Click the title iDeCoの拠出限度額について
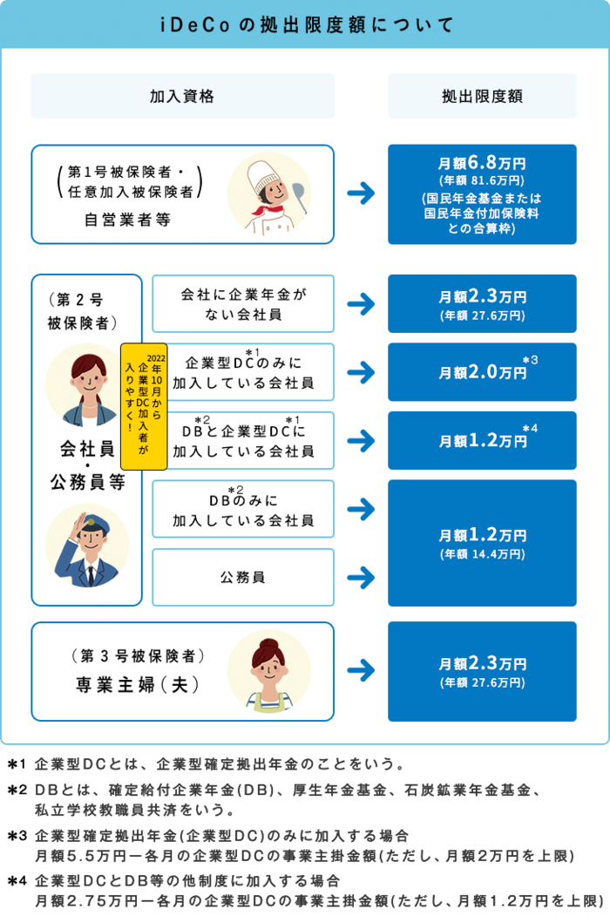pyautogui.click(x=304, y=24)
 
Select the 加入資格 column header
pyautogui.click(x=182, y=96)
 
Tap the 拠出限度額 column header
pyautogui.click(x=482, y=96)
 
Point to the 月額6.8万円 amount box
pyautogui.click(x=482, y=193)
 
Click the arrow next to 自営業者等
pyautogui.click(x=360, y=193)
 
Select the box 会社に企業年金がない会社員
pyautogui.click(x=243, y=303)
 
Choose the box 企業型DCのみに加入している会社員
pyautogui.click(x=243, y=372)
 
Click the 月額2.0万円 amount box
pyautogui.click(x=482, y=372)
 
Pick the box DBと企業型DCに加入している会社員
pyautogui.click(x=243, y=440)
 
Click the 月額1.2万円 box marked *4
pyautogui.click(x=482, y=440)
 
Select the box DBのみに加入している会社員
pyautogui.click(x=243, y=509)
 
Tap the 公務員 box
pyautogui.click(x=243, y=577)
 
